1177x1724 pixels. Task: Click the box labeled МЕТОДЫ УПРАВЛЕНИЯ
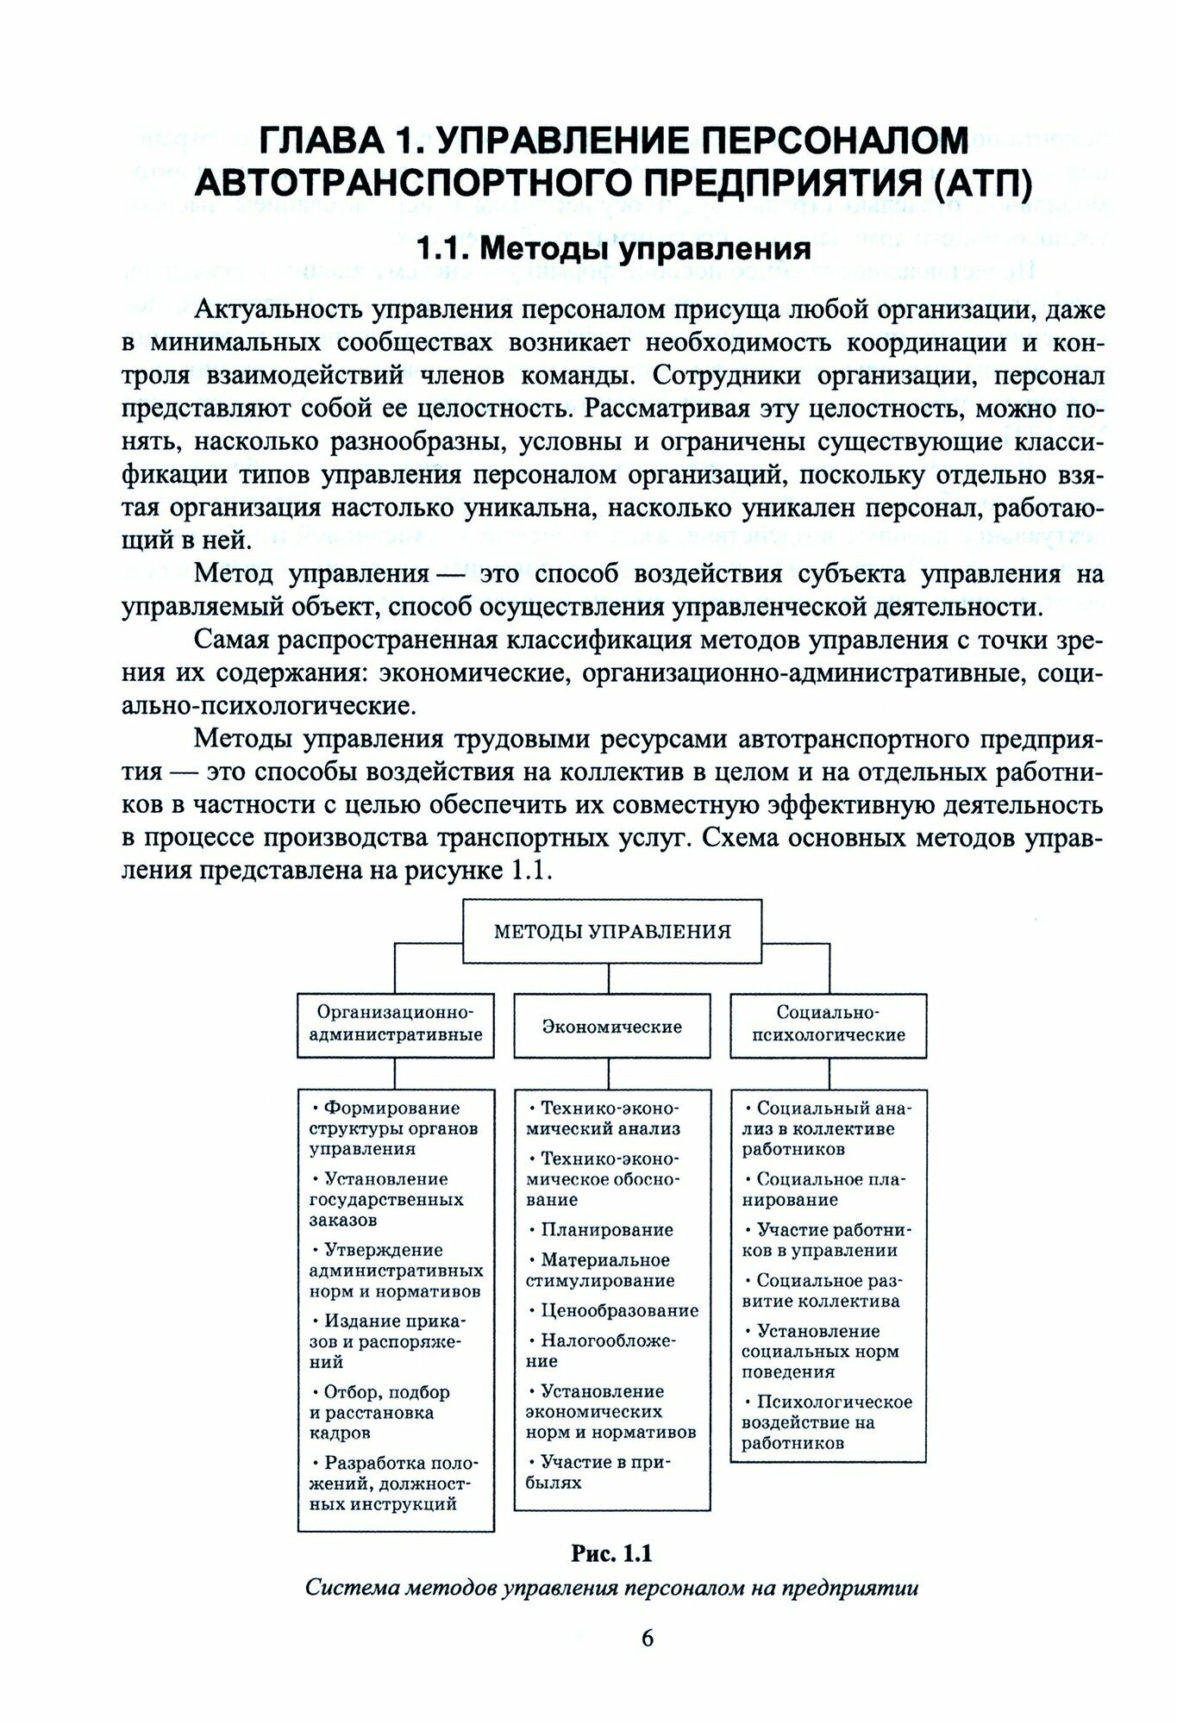(612, 931)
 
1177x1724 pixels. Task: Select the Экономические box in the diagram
(612, 1027)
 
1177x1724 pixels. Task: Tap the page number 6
(647, 1638)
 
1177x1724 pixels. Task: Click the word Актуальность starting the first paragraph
(277, 309)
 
